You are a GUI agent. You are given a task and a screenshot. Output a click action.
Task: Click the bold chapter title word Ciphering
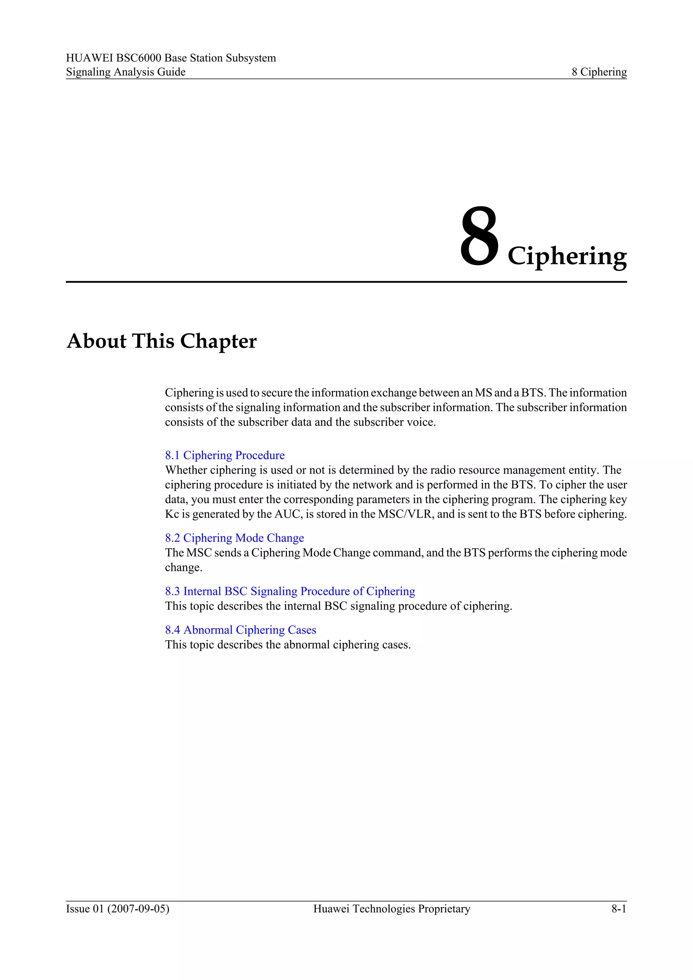[567, 256]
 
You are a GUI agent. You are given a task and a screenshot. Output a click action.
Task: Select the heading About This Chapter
[161, 341]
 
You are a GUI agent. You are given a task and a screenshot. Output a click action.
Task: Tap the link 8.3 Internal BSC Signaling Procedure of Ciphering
[290, 591]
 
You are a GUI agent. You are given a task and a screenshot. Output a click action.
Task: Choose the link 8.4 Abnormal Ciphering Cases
[241, 630]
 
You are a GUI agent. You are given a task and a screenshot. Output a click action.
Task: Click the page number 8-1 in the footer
[618, 909]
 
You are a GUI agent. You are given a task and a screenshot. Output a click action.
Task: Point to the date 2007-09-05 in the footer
[138, 909]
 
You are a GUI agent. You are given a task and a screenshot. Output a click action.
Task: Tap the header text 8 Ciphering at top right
[599, 72]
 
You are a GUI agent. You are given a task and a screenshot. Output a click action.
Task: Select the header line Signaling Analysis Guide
[126, 72]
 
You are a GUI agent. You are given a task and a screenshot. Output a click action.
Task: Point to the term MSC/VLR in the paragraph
[405, 514]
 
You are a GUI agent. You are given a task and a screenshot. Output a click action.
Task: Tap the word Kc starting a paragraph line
[172, 514]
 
